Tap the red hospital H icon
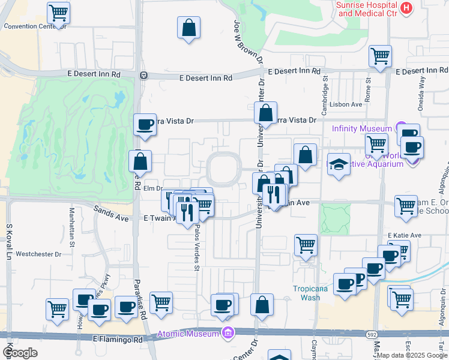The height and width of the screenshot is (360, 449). click(407, 8)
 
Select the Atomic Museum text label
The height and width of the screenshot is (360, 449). click(187, 334)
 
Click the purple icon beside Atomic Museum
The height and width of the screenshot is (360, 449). click(228, 333)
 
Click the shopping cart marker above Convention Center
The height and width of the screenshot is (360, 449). click(58, 12)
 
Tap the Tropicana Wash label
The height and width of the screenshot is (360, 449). click(310, 292)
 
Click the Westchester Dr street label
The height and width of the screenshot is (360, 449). click(38, 254)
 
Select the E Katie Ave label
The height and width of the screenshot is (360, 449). click(405, 235)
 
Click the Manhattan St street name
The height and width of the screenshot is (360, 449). click(71, 224)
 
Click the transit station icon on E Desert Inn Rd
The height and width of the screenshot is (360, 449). click(143, 76)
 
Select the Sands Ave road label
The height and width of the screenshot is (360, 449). click(111, 212)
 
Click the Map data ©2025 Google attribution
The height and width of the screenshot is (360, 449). click(411, 355)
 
